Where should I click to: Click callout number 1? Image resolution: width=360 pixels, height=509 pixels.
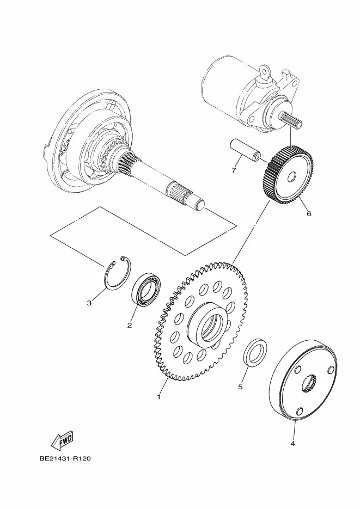(x=158, y=397)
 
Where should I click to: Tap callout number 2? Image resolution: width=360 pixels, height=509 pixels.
(x=130, y=325)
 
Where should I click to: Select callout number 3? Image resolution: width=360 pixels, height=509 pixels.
(x=89, y=303)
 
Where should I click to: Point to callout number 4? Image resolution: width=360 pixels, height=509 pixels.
(x=292, y=444)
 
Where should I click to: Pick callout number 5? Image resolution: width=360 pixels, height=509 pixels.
(x=240, y=387)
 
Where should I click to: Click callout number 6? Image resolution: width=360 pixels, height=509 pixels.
(x=309, y=213)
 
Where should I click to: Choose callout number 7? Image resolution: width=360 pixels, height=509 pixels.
(x=234, y=170)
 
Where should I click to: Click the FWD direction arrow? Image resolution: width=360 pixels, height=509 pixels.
(x=62, y=440)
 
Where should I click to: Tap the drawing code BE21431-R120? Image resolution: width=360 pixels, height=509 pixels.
(x=65, y=458)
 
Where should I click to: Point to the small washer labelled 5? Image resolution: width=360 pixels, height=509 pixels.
(x=256, y=352)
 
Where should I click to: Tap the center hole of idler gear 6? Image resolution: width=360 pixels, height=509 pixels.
(x=291, y=177)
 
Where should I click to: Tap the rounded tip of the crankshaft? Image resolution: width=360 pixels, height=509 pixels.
(x=200, y=205)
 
